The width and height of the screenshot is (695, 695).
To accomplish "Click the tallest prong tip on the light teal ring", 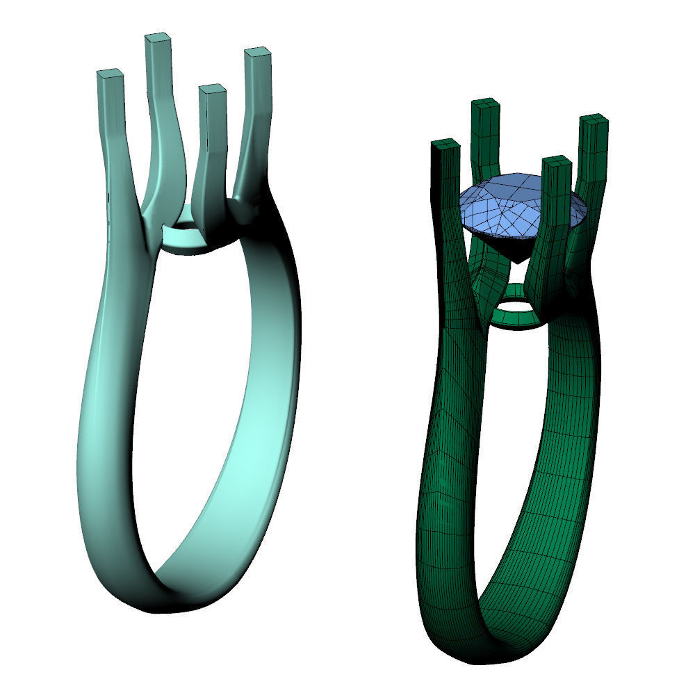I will [x=158, y=39].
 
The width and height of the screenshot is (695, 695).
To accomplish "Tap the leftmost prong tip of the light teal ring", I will [x=110, y=74].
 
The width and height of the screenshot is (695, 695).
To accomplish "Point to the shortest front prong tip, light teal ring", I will [x=212, y=90].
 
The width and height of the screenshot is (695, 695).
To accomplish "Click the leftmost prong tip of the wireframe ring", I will [x=445, y=145].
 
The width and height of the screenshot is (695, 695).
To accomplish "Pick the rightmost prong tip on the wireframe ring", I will [x=594, y=120].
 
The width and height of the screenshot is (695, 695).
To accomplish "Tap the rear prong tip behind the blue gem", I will [x=486, y=105].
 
